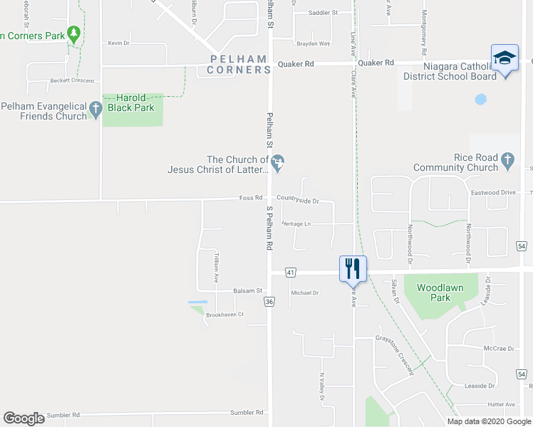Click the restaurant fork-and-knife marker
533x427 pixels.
coord(353,268)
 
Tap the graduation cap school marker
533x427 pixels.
coord(504,58)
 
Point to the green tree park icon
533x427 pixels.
coord(73,33)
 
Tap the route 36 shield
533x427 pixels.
coord(269,302)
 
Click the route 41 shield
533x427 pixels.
coord(291,273)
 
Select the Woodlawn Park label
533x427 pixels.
coord(440,292)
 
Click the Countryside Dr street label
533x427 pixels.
coord(298,201)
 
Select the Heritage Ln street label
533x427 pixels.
coord(296,223)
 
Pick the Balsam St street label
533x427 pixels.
coord(249,290)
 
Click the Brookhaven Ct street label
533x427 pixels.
coord(225,315)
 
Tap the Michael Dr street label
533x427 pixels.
coord(304,292)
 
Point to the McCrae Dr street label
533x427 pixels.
coord(499,349)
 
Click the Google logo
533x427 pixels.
coord(24,418)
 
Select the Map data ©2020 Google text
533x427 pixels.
coord(488,421)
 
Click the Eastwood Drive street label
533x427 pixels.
coord(492,193)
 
